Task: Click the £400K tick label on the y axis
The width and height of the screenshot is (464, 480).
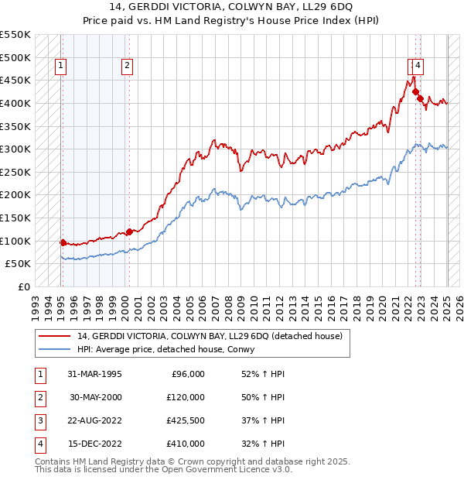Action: (x=15, y=103)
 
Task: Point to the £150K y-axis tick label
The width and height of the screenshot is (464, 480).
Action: (x=15, y=218)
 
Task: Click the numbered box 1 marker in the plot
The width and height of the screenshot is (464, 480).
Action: (x=60, y=67)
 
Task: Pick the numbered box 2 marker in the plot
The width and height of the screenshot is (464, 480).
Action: (x=126, y=67)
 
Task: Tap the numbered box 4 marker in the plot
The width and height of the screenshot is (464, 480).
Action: (x=418, y=67)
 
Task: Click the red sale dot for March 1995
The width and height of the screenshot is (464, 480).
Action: (x=63, y=242)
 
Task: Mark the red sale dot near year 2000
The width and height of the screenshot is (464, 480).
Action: (x=129, y=231)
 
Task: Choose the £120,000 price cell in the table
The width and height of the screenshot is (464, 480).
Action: (x=186, y=397)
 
